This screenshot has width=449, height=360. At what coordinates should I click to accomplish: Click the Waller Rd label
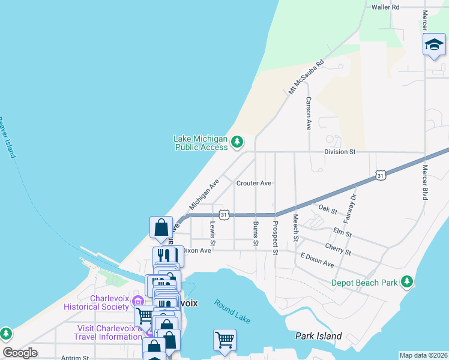click(385, 7)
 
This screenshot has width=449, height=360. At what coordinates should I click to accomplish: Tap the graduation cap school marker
click(434, 45)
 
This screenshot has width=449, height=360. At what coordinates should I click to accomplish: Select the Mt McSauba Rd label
click(306, 76)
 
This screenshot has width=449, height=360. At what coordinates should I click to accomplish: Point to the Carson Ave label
click(309, 113)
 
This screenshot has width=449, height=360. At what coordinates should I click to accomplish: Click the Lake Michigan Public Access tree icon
click(238, 142)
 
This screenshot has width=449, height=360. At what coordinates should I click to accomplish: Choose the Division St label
click(340, 152)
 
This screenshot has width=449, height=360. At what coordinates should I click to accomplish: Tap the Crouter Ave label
click(254, 183)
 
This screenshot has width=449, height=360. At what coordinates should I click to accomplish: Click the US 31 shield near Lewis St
click(224, 214)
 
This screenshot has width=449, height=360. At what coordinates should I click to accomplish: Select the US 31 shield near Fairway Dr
click(381, 175)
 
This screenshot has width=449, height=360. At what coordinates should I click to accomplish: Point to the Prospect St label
click(275, 238)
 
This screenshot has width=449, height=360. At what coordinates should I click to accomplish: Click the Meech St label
click(295, 229)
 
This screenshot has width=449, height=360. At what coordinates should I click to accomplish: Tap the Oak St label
click(328, 209)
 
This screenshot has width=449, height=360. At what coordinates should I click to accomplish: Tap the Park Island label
click(319, 336)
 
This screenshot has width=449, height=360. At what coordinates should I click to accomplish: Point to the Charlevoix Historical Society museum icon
click(138, 302)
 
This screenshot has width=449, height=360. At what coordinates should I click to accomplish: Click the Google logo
click(20, 353)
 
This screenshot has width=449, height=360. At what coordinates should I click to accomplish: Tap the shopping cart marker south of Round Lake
click(224, 340)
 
